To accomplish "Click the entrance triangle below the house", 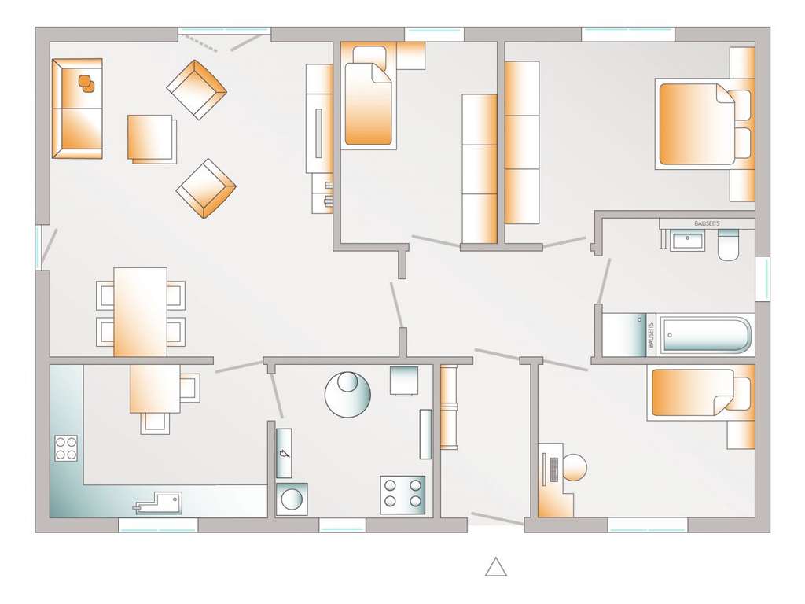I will point(495,567).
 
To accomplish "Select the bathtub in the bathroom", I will point(705,336).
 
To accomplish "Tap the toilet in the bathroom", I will point(728,246).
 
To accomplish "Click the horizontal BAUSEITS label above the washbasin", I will point(706,224).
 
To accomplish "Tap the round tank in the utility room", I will point(347,393).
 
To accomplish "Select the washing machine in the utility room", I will point(291,499).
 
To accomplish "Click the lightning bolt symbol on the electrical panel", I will point(284,454).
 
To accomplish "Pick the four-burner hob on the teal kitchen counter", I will point(66,448).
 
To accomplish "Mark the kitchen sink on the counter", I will point(160,503).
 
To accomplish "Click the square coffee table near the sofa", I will point(151,138).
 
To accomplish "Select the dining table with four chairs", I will point(140,311).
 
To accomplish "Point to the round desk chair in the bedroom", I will point(574,467).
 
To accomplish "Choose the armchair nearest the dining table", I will point(206,188).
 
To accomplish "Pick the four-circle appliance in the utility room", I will point(402,494).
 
